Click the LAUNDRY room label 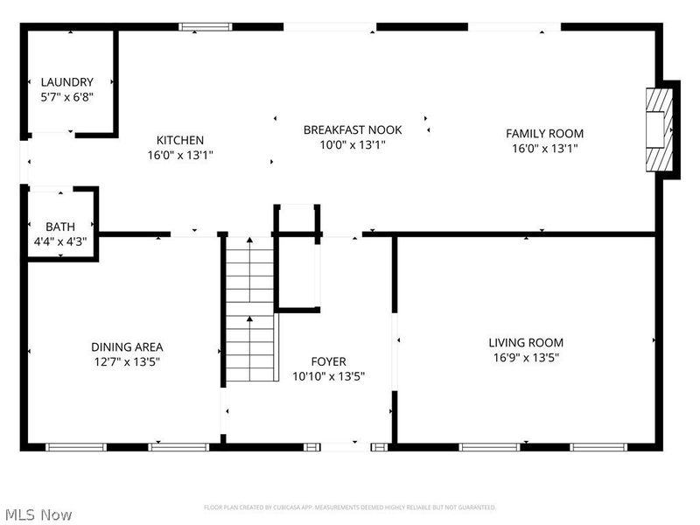click(x=66, y=82)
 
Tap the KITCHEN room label click(x=180, y=140)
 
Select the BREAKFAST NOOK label click(x=353, y=129)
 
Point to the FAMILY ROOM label click(x=544, y=134)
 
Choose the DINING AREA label click(x=127, y=346)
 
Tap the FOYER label click(x=328, y=361)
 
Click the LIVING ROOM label click(x=525, y=343)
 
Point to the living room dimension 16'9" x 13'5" click(x=525, y=357)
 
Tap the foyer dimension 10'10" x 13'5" click(x=328, y=375)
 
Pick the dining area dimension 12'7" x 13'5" click(x=127, y=360)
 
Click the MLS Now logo click(x=38, y=514)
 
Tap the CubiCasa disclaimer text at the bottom click(x=350, y=507)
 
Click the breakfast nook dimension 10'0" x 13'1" click(x=353, y=144)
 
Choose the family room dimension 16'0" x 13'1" click(x=544, y=148)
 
